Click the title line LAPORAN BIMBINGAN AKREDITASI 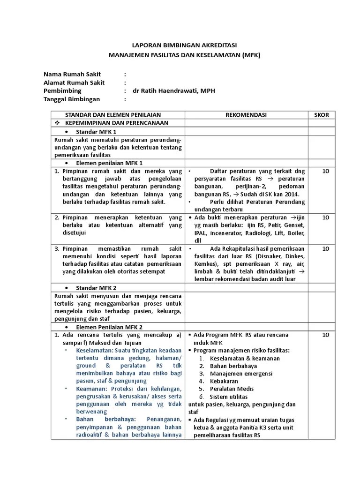coord(184,45)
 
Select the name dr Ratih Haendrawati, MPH coord(174,90)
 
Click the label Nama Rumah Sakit coord(72,74)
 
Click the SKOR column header coord(322,114)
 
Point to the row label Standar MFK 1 coord(96,132)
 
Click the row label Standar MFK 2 coord(96,287)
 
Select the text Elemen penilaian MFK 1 coord(109,163)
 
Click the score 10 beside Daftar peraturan coord(326,171)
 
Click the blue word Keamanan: coord(92,388)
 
